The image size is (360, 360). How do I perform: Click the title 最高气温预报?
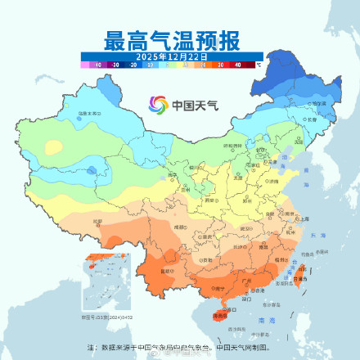(171, 39)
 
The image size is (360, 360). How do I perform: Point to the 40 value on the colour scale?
(238, 63)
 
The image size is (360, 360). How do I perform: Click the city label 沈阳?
(295, 134)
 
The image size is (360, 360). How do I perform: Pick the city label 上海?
(304, 218)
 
